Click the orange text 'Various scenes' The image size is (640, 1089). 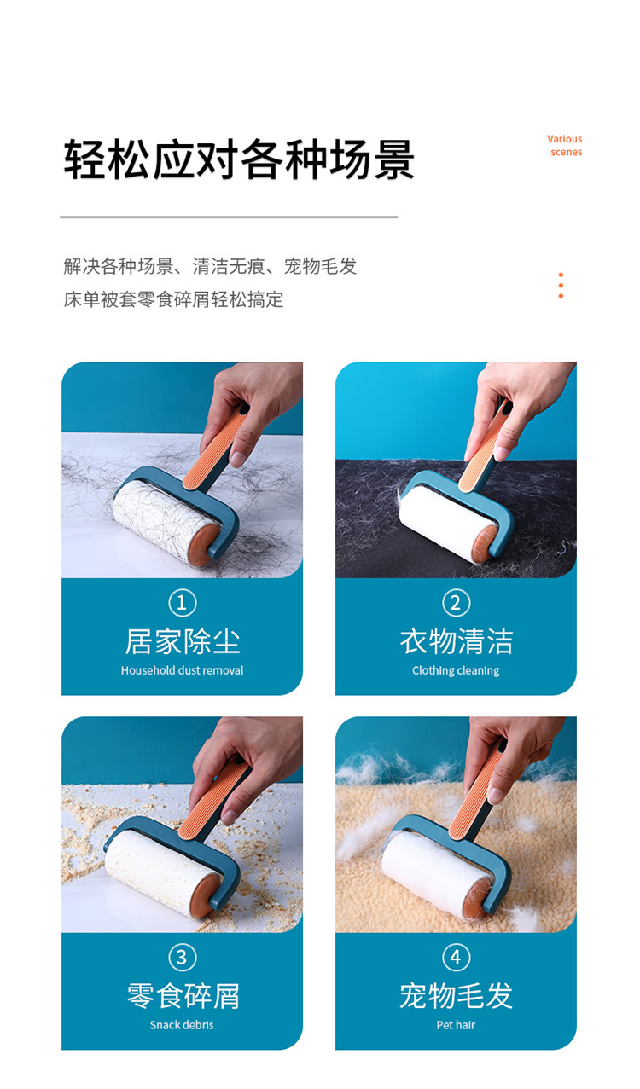(565, 145)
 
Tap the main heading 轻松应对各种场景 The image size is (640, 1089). (239, 159)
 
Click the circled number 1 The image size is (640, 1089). (183, 603)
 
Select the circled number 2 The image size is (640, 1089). (457, 603)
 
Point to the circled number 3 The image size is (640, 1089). (183, 958)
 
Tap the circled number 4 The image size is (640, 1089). (457, 958)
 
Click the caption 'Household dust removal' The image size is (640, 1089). (183, 670)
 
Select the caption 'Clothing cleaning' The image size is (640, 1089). (456, 671)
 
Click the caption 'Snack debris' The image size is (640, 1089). (182, 1025)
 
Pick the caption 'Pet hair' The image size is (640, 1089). (456, 1025)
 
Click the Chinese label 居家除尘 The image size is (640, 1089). (183, 641)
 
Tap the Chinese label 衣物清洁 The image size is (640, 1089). (457, 641)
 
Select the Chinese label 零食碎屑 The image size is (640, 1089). (183, 996)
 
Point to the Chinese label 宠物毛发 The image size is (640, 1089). (457, 996)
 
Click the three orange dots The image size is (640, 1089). (561, 286)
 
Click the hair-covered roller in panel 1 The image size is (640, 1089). (166, 523)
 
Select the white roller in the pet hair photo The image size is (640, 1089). (436, 875)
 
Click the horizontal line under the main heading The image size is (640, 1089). (229, 217)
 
